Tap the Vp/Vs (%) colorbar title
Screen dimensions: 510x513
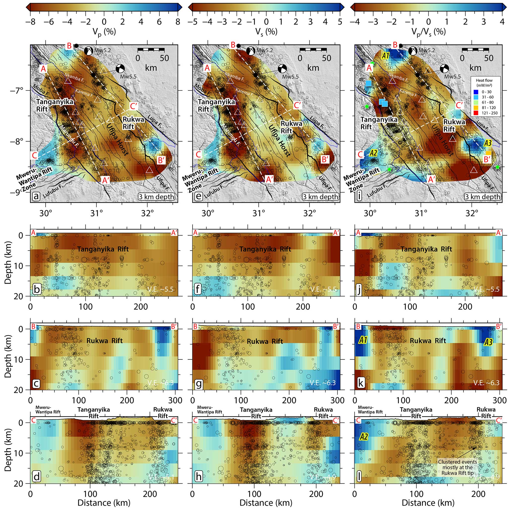point(428,32)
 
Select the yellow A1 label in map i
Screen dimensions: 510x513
point(386,56)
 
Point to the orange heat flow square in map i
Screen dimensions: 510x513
point(489,153)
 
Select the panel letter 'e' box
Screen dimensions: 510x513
point(198,197)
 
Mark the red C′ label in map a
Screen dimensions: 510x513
point(134,106)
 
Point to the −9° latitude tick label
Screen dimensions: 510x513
point(20,192)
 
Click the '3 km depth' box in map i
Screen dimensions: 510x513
point(482,197)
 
